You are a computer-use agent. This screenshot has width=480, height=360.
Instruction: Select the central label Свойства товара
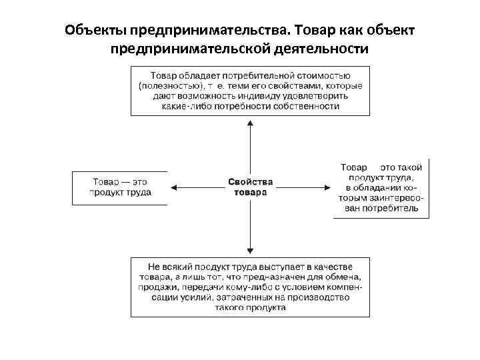point(250,187)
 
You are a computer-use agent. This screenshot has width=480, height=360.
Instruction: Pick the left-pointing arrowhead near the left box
point(175,187)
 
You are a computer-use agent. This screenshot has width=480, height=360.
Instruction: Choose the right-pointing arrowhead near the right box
point(326,187)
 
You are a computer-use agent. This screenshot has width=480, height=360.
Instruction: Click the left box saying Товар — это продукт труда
point(120,187)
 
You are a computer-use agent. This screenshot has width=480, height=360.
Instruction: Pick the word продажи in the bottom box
point(156,287)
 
